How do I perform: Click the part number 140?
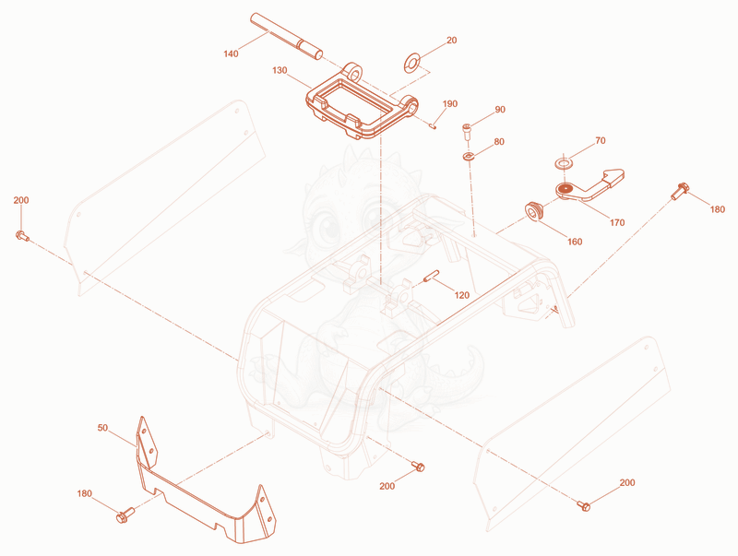pyautogui.click(x=231, y=53)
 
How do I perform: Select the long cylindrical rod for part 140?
pyautogui.click(x=287, y=37)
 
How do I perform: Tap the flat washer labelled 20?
pyautogui.click(x=412, y=63)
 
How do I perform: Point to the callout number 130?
pyautogui.click(x=280, y=70)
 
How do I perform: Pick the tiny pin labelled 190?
pyautogui.click(x=433, y=125)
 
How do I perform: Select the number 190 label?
pyautogui.click(x=450, y=103)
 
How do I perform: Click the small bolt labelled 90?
pyautogui.click(x=467, y=131)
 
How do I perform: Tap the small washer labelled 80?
pyautogui.click(x=469, y=156)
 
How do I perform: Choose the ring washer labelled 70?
pyautogui.click(x=563, y=164)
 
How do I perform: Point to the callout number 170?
pyautogui.click(x=617, y=222)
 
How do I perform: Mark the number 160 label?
pyautogui.click(x=575, y=242)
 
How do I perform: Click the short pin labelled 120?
pyautogui.click(x=431, y=276)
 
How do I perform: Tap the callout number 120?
pyautogui.click(x=462, y=295)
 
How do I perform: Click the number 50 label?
pyautogui.click(x=102, y=428)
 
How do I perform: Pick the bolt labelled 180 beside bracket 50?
pyautogui.click(x=125, y=515)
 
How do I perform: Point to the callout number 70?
pyautogui.click(x=601, y=141)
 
